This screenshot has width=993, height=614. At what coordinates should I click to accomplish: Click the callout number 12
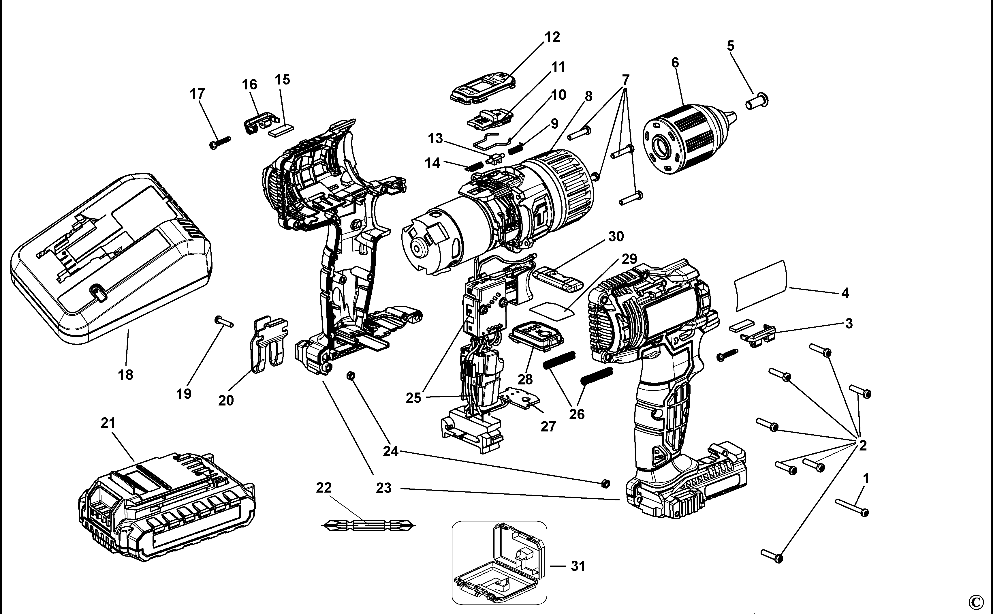(552, 37)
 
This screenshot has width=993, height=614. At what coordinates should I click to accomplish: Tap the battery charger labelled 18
(110, 260)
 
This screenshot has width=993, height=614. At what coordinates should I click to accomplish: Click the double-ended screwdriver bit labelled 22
(368, 525)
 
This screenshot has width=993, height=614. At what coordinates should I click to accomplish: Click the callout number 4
(845, 293)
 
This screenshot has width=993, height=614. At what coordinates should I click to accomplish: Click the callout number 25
(413, 398)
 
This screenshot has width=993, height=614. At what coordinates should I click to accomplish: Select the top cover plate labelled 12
(483, 87)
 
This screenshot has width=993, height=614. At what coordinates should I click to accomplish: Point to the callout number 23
(384, 488)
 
